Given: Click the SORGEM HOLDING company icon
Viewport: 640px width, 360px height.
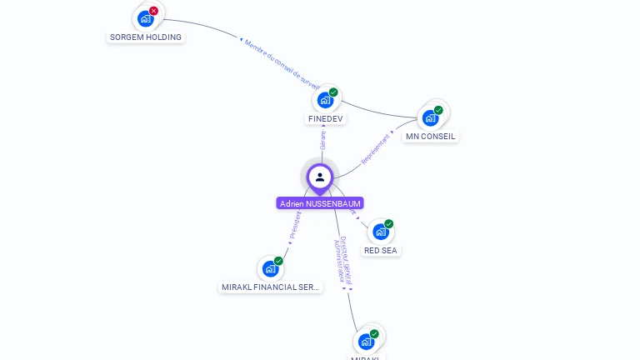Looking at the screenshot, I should (146, 18).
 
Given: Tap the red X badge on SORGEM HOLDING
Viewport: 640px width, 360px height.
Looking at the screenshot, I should (153, 11).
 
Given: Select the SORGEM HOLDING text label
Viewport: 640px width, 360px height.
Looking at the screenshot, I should (146, 37).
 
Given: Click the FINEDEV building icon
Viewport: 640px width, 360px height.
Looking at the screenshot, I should (325, 100).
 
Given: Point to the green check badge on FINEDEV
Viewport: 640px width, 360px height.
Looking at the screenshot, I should (333, 92).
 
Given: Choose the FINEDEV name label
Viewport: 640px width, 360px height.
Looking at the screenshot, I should (325, 118).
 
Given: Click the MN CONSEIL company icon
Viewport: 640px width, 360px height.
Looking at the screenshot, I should (430, 117).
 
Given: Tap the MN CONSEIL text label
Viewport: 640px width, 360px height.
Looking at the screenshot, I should (431, 136).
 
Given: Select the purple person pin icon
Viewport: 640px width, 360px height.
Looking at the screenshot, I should (320, 177).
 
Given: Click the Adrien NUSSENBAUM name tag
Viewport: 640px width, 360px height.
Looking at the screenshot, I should (320, 203).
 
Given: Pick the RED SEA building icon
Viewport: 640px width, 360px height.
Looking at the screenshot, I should (380, 232).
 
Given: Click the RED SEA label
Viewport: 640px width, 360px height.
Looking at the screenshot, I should (380, 250).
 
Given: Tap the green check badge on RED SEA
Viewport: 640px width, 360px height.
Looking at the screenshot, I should (388, 224).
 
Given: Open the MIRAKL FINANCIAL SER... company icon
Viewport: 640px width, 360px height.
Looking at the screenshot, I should (270, 268).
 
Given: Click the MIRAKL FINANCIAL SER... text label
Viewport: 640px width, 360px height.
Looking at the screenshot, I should (270, 287).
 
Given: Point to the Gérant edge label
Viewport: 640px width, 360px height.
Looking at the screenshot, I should (323, 137).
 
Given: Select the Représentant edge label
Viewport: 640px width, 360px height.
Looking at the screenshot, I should (376, 147).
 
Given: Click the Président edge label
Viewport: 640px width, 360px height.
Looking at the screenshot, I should (294, 226).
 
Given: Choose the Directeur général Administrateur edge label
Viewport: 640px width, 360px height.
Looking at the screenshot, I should (343, 262).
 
